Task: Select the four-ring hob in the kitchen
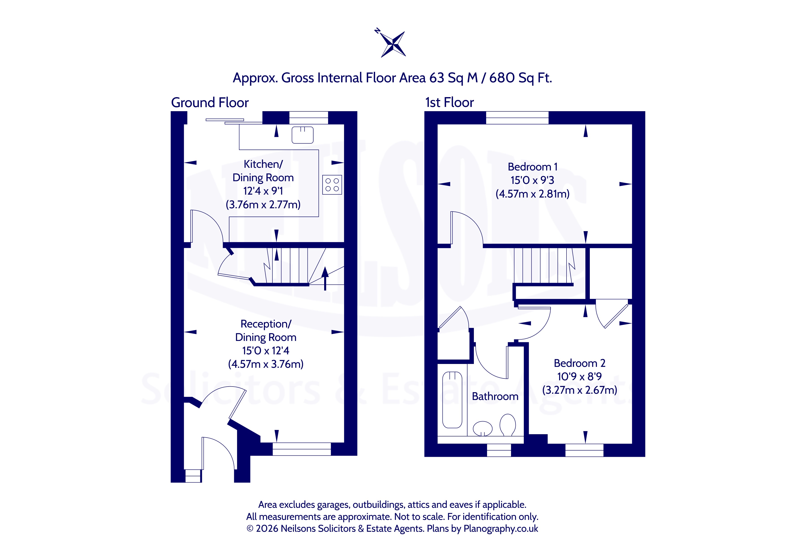332,185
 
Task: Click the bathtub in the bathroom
452,400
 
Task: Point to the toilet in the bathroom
508,425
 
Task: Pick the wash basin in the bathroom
482,428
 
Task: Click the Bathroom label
495,396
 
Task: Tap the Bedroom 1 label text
533,167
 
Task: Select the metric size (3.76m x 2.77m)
263,205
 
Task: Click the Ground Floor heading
210,102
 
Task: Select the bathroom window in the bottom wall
499,450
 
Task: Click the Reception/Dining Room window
302,449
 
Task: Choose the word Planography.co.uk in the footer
501,529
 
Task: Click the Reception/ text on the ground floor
266,324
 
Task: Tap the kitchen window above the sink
309,118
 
